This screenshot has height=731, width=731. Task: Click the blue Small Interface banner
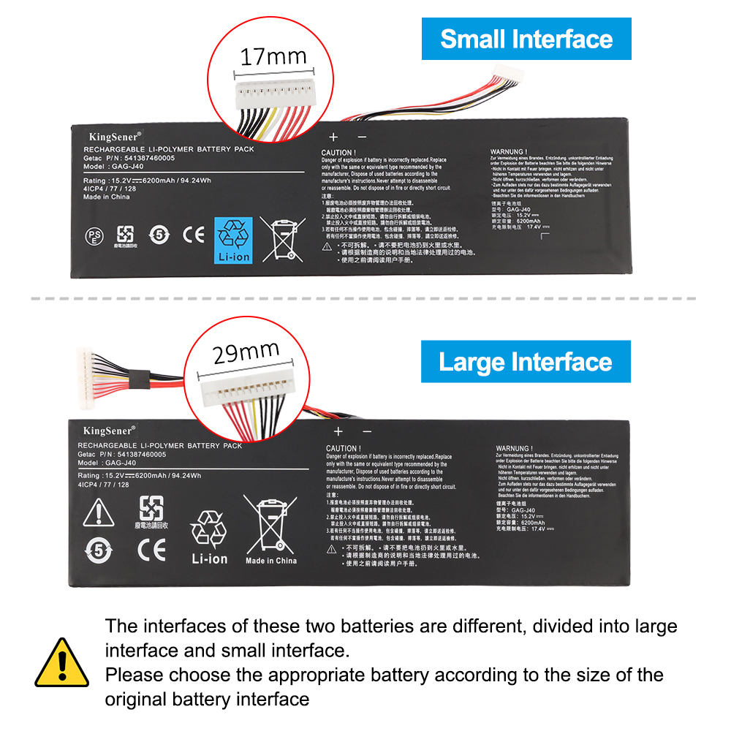[526, 39]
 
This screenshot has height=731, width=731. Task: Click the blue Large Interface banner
[526, 362]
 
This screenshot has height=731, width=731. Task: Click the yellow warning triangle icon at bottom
[62, 662]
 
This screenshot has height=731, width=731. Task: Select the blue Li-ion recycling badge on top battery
[233, 240]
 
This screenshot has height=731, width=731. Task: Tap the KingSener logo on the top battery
[109, 136]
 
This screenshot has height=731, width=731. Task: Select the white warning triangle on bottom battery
[99, 514]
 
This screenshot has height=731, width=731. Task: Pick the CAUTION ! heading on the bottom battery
[344, 448]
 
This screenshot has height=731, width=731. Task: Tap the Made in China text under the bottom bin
[271, 561]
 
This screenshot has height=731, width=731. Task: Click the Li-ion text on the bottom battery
[210, 559]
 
